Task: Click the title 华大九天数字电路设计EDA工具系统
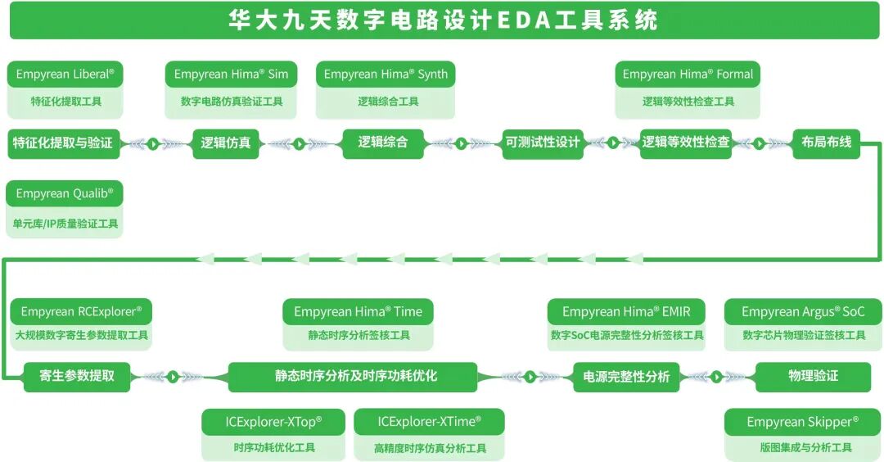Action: (x=442, y=20)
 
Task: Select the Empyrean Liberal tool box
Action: (x=65, y=75)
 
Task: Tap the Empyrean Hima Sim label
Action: (x=232, y=75)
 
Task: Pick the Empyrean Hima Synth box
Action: (x=386, y=75)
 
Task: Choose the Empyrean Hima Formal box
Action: (x=688, y=75)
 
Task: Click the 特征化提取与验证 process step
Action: (x=63, y=143)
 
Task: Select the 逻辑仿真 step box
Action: (x=226, y=143)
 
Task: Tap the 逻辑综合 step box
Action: (x=382, y=143)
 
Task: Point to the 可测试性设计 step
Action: (x=543, y=143)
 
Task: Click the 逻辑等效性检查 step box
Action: (x=686, y=143)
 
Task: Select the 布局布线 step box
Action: (x=826, y=143)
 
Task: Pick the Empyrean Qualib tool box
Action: (x=65, y=194)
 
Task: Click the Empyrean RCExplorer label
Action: (x=81, y=312)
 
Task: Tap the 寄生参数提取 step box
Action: (x=77, y=377)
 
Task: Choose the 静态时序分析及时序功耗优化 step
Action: (x=353, y=377)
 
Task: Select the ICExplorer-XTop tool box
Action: (x=273, y=423)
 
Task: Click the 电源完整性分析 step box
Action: (x=626, y=377)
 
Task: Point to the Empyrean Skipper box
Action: (x=803, y=423)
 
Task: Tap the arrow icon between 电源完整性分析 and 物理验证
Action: (x=717, y=377)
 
